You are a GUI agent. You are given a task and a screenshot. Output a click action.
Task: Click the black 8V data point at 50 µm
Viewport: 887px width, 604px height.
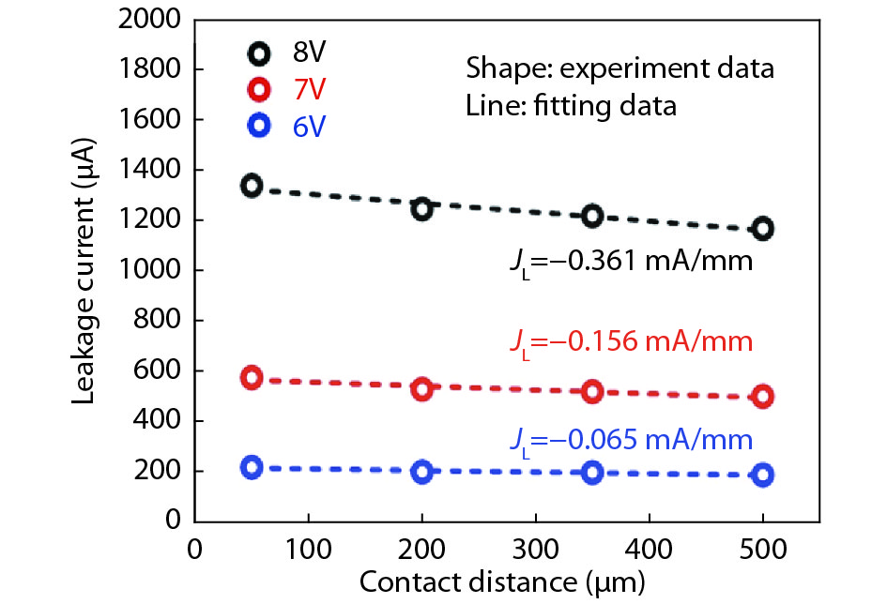tap(251, 185)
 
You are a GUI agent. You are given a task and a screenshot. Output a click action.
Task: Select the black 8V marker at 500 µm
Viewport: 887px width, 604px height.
tap(763, 228)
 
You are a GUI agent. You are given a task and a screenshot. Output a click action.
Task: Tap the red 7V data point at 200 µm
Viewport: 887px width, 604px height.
tap(421, 388)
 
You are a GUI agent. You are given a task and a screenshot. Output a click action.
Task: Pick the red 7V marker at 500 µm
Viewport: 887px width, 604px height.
tap(763, 396)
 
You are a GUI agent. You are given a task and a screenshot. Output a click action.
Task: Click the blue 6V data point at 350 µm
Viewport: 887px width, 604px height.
tap(592, 472)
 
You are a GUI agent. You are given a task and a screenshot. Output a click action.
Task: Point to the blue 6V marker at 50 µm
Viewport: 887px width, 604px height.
tap(251, 468)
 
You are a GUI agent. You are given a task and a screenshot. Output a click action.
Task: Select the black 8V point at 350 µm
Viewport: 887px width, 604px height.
tap(592, 216)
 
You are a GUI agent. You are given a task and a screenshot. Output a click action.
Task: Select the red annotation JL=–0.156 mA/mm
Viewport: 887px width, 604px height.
tap(629, 341)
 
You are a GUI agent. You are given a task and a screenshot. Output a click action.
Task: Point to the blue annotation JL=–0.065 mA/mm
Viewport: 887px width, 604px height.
tap(629, 439)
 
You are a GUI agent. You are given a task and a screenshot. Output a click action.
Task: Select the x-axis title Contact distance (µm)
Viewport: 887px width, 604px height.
tap(502, 584)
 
